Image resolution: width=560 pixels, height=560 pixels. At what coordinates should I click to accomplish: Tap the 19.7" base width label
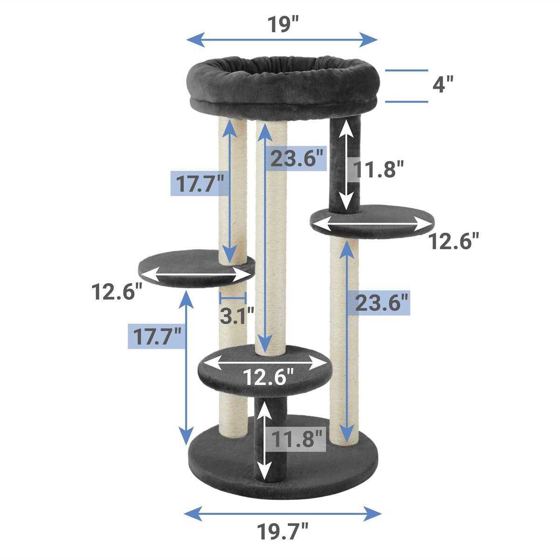(282, 531)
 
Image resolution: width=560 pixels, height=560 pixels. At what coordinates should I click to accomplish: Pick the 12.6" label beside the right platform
(453, 241)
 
